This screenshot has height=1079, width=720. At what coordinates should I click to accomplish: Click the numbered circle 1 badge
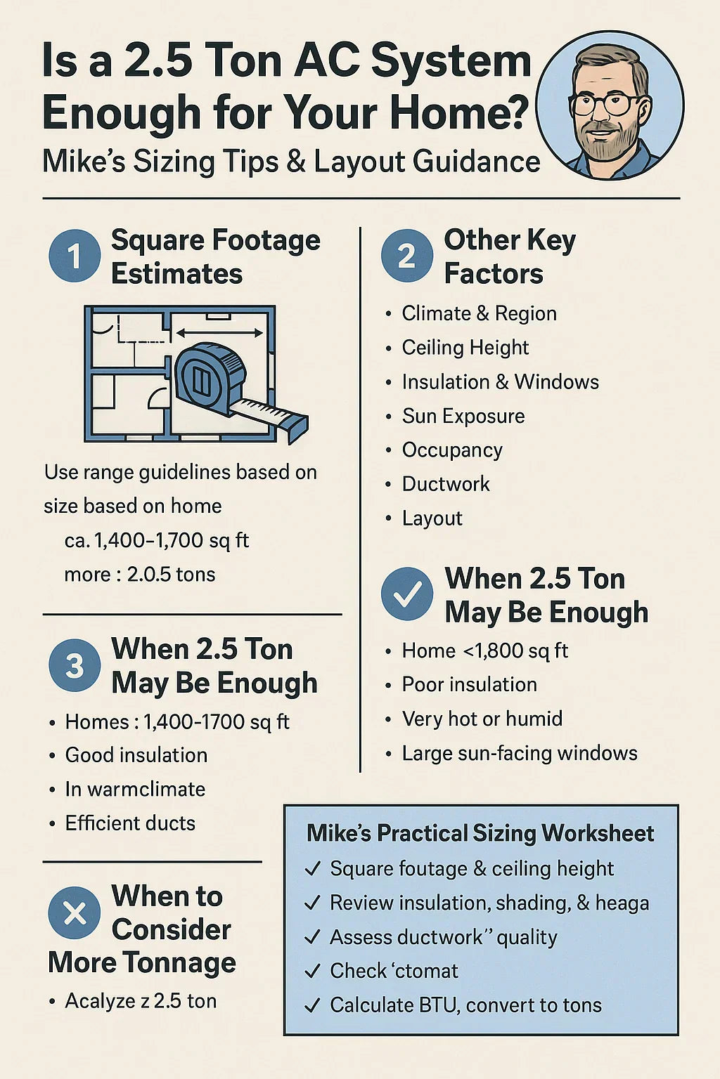tap(75, 255)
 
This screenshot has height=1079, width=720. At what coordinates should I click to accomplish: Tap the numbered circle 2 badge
tap(406, 255)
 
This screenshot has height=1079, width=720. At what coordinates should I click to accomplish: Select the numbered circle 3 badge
tap(75, 666)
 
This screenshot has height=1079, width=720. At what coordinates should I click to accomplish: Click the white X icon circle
tap(75, 913)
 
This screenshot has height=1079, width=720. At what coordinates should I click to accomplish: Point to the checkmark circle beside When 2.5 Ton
tap(406, 594)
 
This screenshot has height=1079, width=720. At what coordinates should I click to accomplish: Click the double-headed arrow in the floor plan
tap(219, 333)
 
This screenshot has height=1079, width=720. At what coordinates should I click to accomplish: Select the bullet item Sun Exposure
tap(463, 416)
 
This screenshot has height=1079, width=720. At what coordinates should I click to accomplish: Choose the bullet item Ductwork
tap(446, 484)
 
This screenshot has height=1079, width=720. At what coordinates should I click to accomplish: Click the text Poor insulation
tap(470, 684)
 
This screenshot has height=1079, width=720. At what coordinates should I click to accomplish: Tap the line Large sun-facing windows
tap(520, 753)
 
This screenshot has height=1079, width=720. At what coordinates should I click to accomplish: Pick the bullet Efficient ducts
tap(130, 823)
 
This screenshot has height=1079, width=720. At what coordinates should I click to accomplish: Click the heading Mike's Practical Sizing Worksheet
tap(480, 833)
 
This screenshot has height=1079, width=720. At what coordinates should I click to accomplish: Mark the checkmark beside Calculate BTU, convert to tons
tap(313, 1005)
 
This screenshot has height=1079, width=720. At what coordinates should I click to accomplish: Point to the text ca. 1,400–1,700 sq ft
tap(157, 540)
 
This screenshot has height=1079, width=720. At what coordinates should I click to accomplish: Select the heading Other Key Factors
tap(510, 256)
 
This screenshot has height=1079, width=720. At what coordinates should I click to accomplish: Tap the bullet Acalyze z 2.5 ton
tap(141, 1001)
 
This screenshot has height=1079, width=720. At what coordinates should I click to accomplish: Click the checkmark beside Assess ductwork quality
tap(313, 937)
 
